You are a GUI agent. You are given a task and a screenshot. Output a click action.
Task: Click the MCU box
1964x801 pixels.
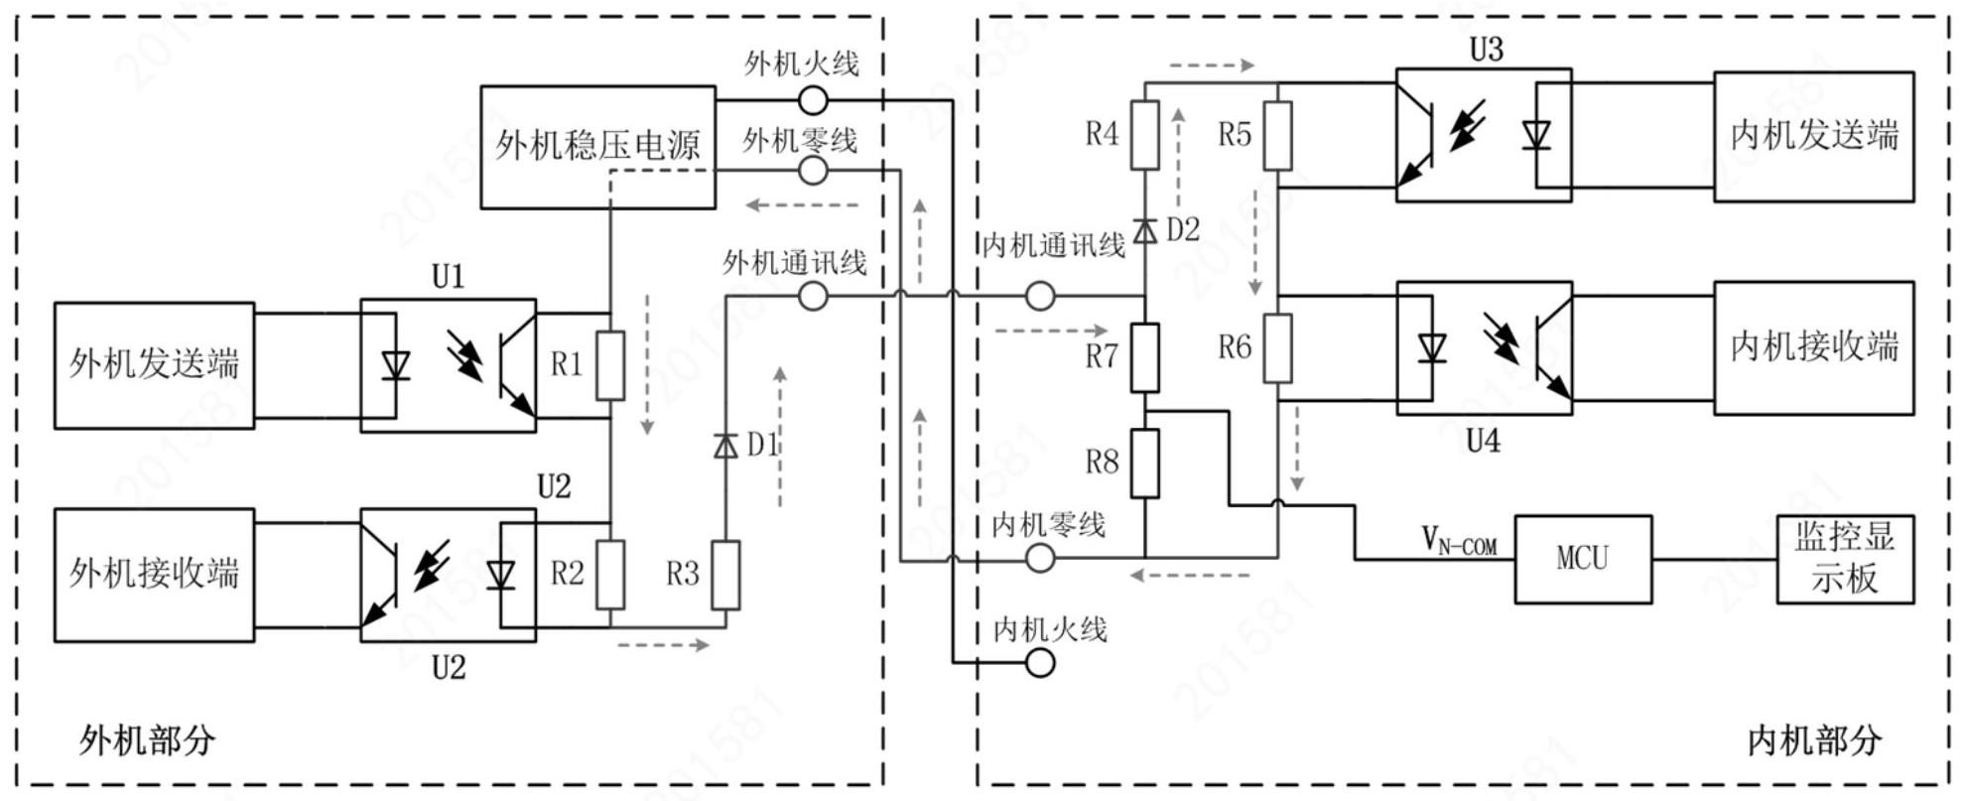pos(1582,559)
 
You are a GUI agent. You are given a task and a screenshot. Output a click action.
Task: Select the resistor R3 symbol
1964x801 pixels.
pos(725,575)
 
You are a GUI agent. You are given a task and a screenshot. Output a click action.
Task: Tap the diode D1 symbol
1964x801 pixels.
pos(725,447)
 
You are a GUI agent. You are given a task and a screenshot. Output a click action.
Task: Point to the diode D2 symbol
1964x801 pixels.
pos(1145,230)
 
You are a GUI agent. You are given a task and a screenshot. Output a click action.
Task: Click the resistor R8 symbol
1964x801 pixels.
pos(1145,464)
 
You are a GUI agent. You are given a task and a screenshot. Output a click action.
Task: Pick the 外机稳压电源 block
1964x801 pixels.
pos(597,147)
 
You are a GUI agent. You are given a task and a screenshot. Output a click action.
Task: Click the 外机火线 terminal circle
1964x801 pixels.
pos(813,99)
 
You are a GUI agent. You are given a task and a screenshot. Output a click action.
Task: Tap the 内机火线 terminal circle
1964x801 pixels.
pos(1039,663)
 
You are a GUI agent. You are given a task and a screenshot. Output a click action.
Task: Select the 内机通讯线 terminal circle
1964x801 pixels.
pos(1039,296)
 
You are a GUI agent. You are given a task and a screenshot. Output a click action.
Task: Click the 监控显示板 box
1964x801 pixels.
pos(1844,559)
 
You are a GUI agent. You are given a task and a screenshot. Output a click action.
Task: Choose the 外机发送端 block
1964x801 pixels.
pos(154,365)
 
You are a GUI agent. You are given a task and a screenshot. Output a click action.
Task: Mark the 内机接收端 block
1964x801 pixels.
pos(1813,347)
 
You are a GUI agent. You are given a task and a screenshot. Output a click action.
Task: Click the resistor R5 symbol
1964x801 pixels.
pos(1277,135)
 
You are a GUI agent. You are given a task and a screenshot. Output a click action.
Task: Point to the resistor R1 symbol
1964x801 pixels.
pos(610,365)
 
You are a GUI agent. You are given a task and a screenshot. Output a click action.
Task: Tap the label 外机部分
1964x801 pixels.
pos(147,740)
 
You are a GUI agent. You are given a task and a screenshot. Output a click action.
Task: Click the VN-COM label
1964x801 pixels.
pos(1458,541)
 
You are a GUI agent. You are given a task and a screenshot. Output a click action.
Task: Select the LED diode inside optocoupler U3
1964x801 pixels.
pos(1536,135)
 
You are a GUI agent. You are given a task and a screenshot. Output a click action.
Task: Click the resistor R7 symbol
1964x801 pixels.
pos(1145,357)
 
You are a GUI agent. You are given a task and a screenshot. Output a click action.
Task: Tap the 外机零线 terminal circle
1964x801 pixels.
pos(813,172)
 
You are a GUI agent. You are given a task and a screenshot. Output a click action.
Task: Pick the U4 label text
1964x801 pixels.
pos(1484,441)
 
